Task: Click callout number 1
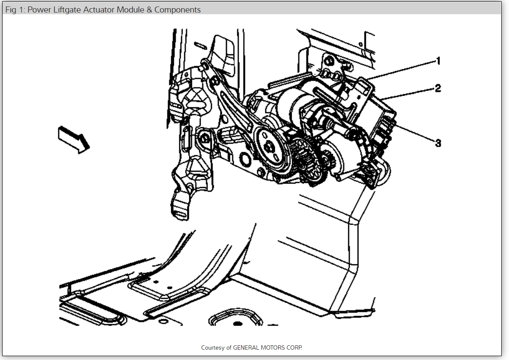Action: pos(438,61)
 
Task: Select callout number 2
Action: pos(438,89)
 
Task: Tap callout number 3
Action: pos(438,143)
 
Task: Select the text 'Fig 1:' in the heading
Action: pos(15,9)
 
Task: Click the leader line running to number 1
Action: pos(401,70)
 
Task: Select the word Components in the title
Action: pos(177,9)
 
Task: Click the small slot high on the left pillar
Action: pos(200,44)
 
